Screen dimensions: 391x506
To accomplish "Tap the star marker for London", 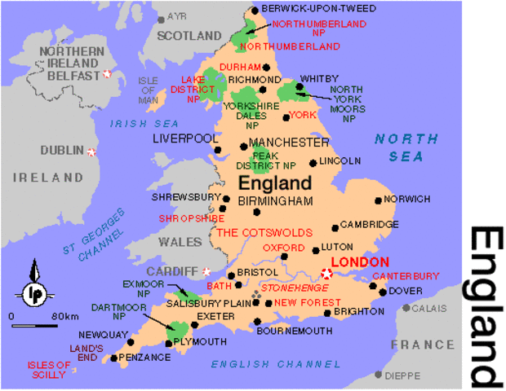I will (x=327, y=275).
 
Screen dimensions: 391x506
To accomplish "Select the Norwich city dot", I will (x=378, y=200).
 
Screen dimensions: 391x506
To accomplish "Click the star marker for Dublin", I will (x=91, y=151).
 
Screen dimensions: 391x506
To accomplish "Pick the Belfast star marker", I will (x=106, y=74).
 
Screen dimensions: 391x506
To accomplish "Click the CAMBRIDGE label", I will (x=369, y=224).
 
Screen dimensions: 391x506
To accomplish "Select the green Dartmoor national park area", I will (x=175, y=331).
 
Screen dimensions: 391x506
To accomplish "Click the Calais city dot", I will (x=406, y=309).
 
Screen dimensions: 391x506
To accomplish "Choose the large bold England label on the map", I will (x=275, y=182).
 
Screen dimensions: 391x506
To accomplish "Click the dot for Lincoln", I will (x=313, y=161).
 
